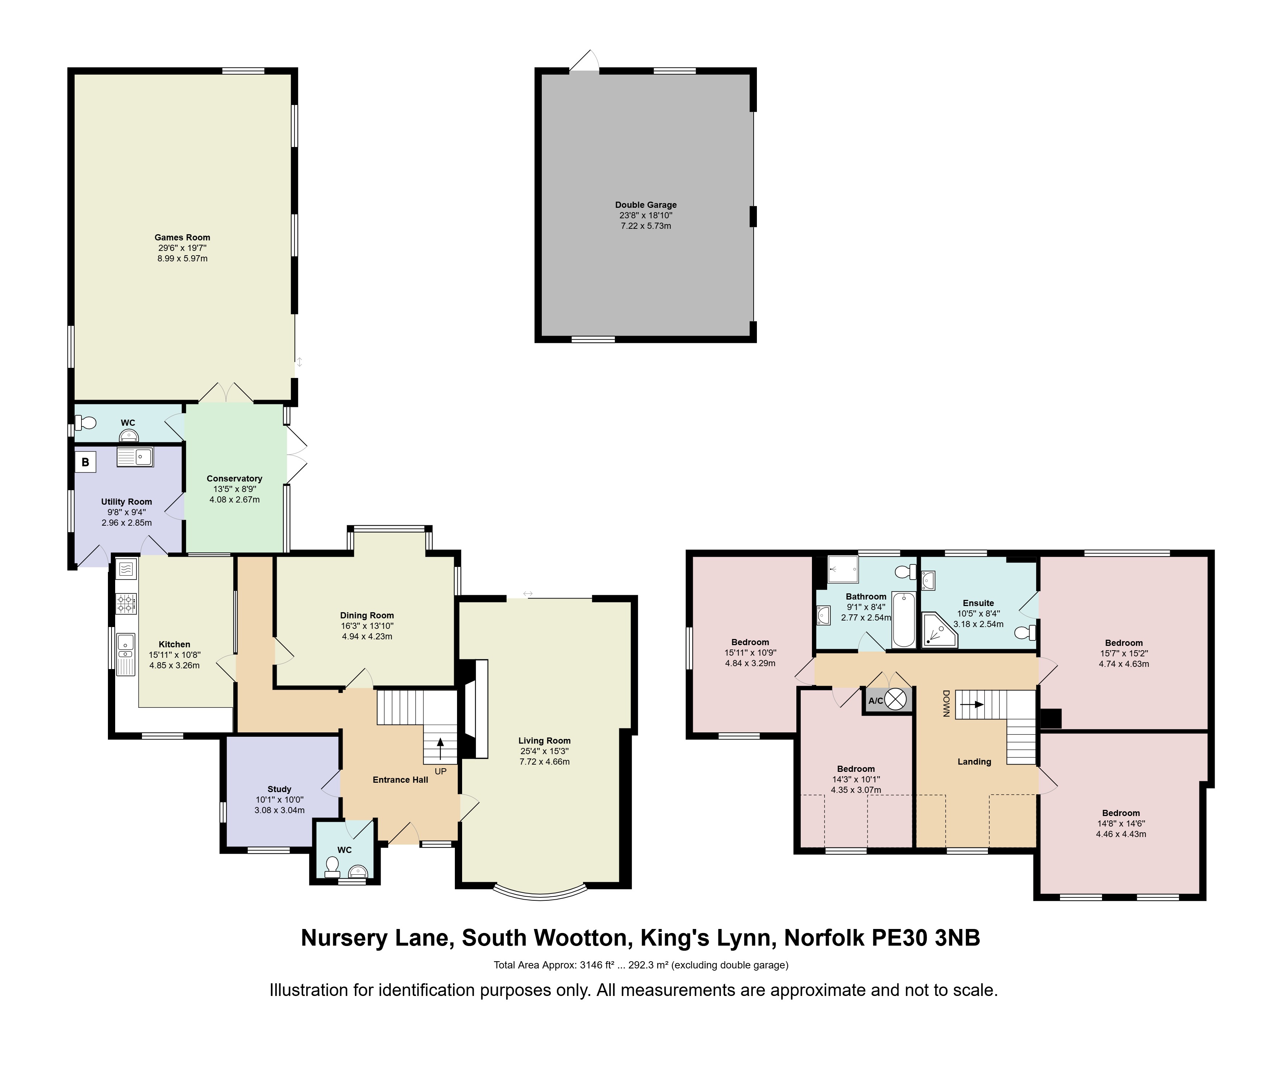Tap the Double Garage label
click(x=646, y=205)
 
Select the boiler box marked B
click(x=85, y=462)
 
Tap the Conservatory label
click(x=234, y=479)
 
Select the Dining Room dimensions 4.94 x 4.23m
click(x=367, y=636)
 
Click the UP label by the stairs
click(x=440, y=771)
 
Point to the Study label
click(x=280, y=789)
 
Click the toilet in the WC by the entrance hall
click(x=332, y=867)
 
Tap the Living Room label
click(x=545, y=740)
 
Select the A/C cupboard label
click(x=876, y=701)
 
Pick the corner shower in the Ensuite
click(x=939, y=630)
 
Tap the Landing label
click(x=974, y=762)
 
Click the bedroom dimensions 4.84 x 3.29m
click(x=750, y=663)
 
